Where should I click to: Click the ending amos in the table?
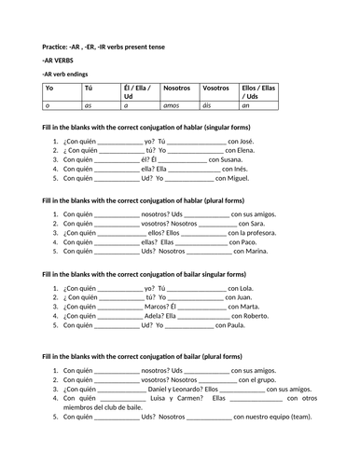(x=174, y=106)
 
